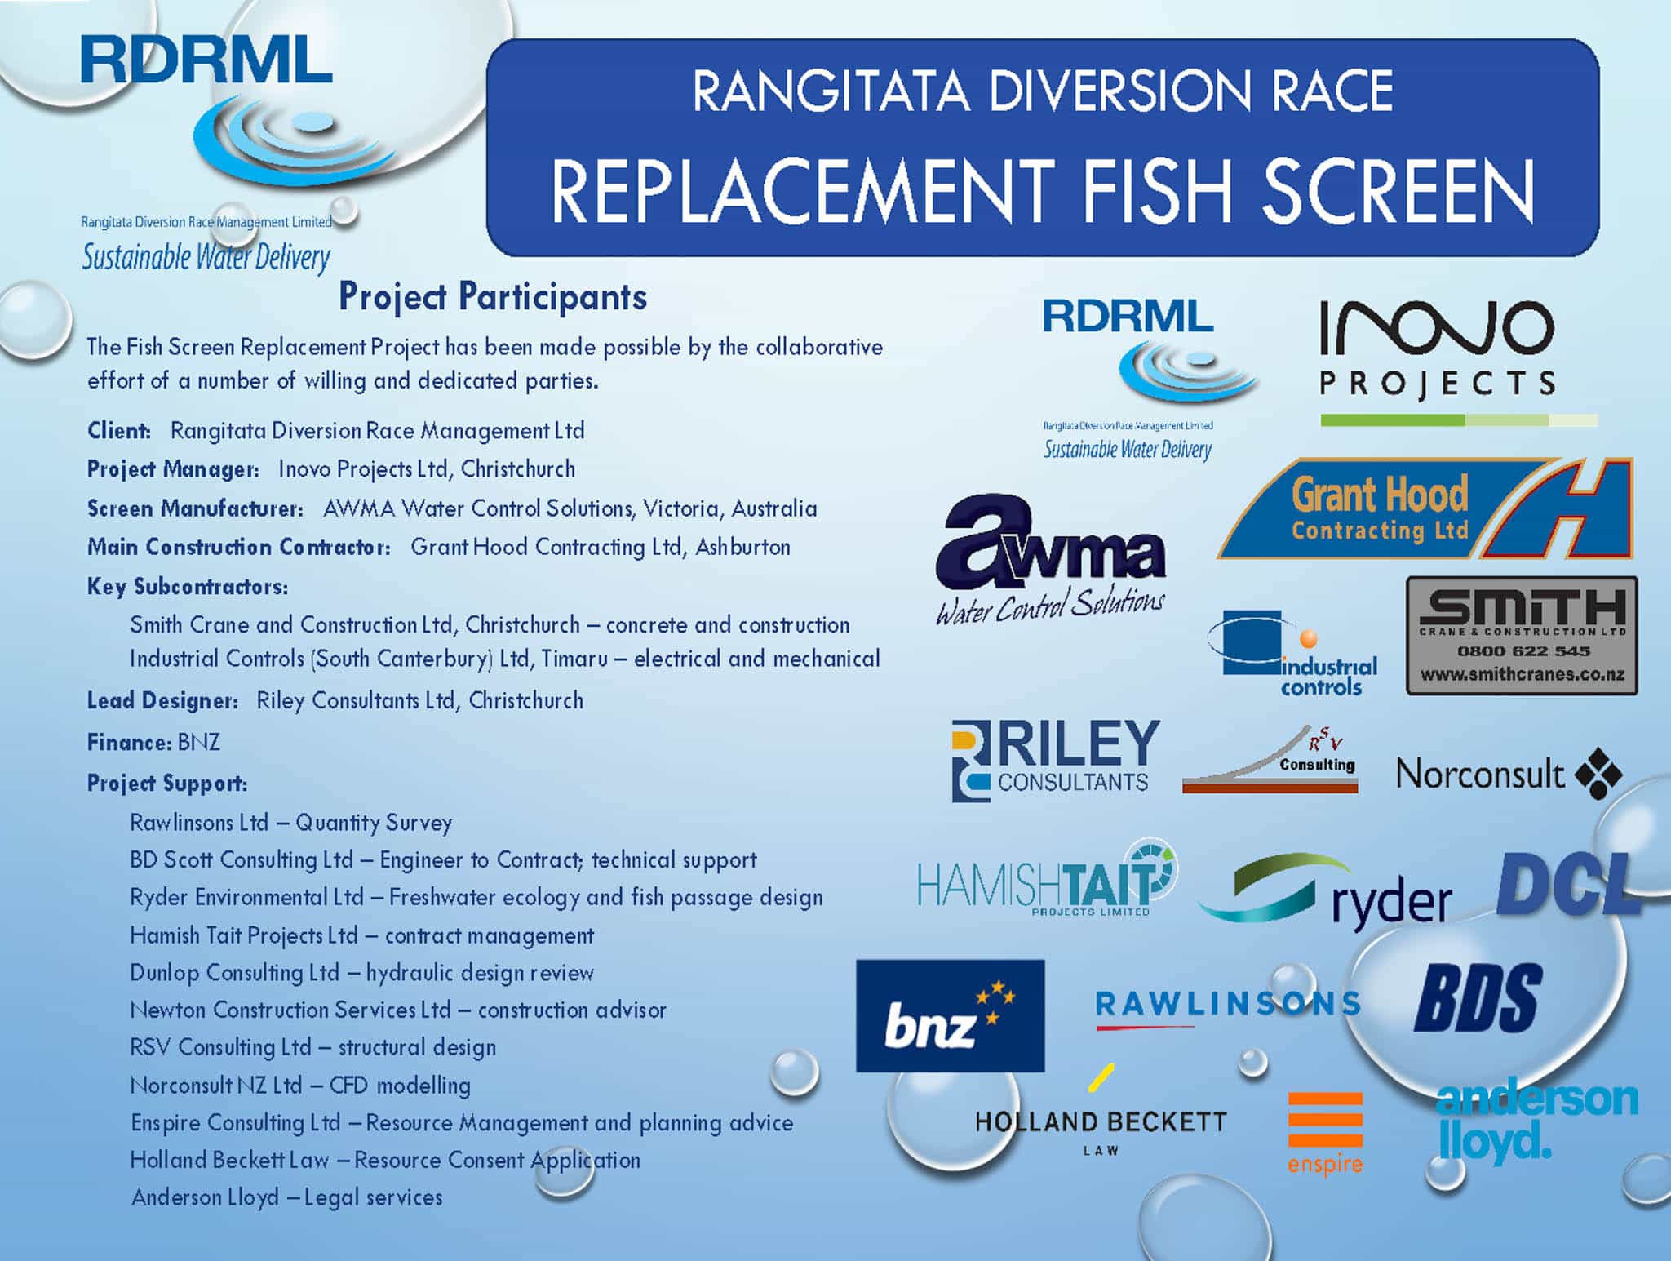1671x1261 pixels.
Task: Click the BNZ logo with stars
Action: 950,1015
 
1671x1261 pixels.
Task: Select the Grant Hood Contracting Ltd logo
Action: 1424,509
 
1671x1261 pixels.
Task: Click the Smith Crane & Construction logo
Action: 1522,636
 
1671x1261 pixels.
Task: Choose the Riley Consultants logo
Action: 1055,759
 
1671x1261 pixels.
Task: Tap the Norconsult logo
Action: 1509,774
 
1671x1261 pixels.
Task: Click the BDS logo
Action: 1478,997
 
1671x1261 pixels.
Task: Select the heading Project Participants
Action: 493,296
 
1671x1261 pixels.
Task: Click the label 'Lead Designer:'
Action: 162,700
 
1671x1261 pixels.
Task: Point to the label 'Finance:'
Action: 129,742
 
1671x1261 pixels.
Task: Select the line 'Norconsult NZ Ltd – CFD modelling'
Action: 300,1086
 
